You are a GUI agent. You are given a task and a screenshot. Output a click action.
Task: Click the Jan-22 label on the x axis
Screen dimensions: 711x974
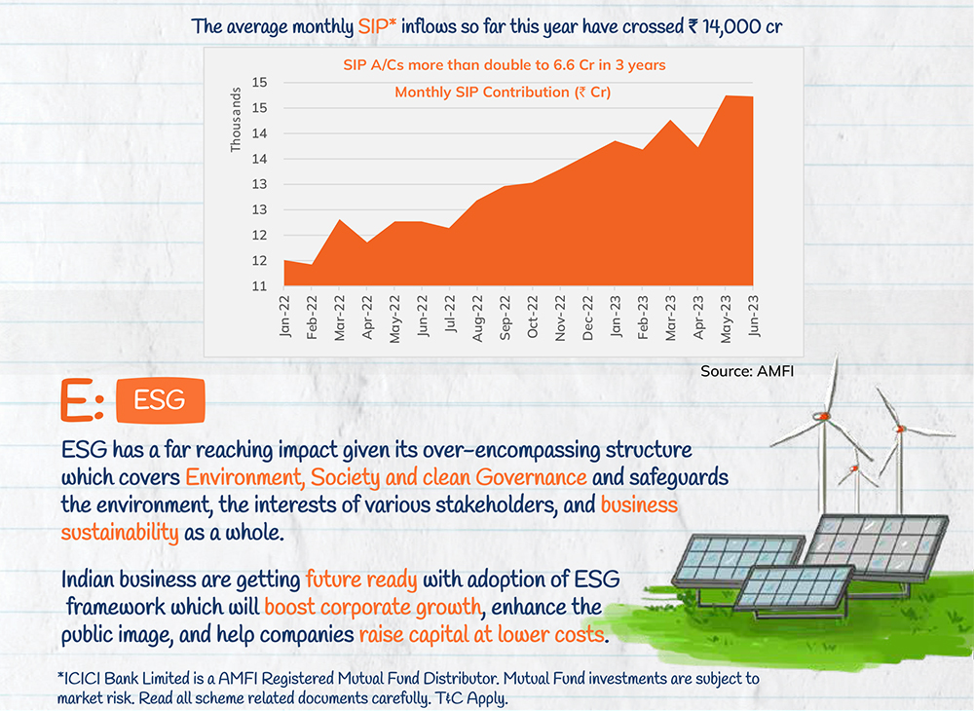[x=285, y=318]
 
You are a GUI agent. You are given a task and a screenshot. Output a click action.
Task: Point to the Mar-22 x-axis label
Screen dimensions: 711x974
[x=340, y=318]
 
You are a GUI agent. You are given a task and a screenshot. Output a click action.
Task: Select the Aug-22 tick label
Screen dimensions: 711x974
[x=478, y=318]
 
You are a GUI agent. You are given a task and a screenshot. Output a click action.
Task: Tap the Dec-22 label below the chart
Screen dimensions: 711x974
[x=588, y=318]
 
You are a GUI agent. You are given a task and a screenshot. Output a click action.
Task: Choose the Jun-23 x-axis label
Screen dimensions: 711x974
[x=754, y=318]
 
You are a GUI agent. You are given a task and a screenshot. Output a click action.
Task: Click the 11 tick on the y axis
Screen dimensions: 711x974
[x=260, y=286]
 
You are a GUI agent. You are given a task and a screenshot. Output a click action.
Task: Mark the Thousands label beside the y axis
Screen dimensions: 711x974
[x=235, y=121]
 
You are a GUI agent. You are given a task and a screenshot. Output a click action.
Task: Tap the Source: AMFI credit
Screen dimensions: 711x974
[x=741, y=371]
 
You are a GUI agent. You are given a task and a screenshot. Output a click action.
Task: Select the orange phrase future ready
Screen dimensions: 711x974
[x=361, y=580]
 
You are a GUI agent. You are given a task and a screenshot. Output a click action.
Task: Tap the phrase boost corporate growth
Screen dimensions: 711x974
[x=373, y=608]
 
